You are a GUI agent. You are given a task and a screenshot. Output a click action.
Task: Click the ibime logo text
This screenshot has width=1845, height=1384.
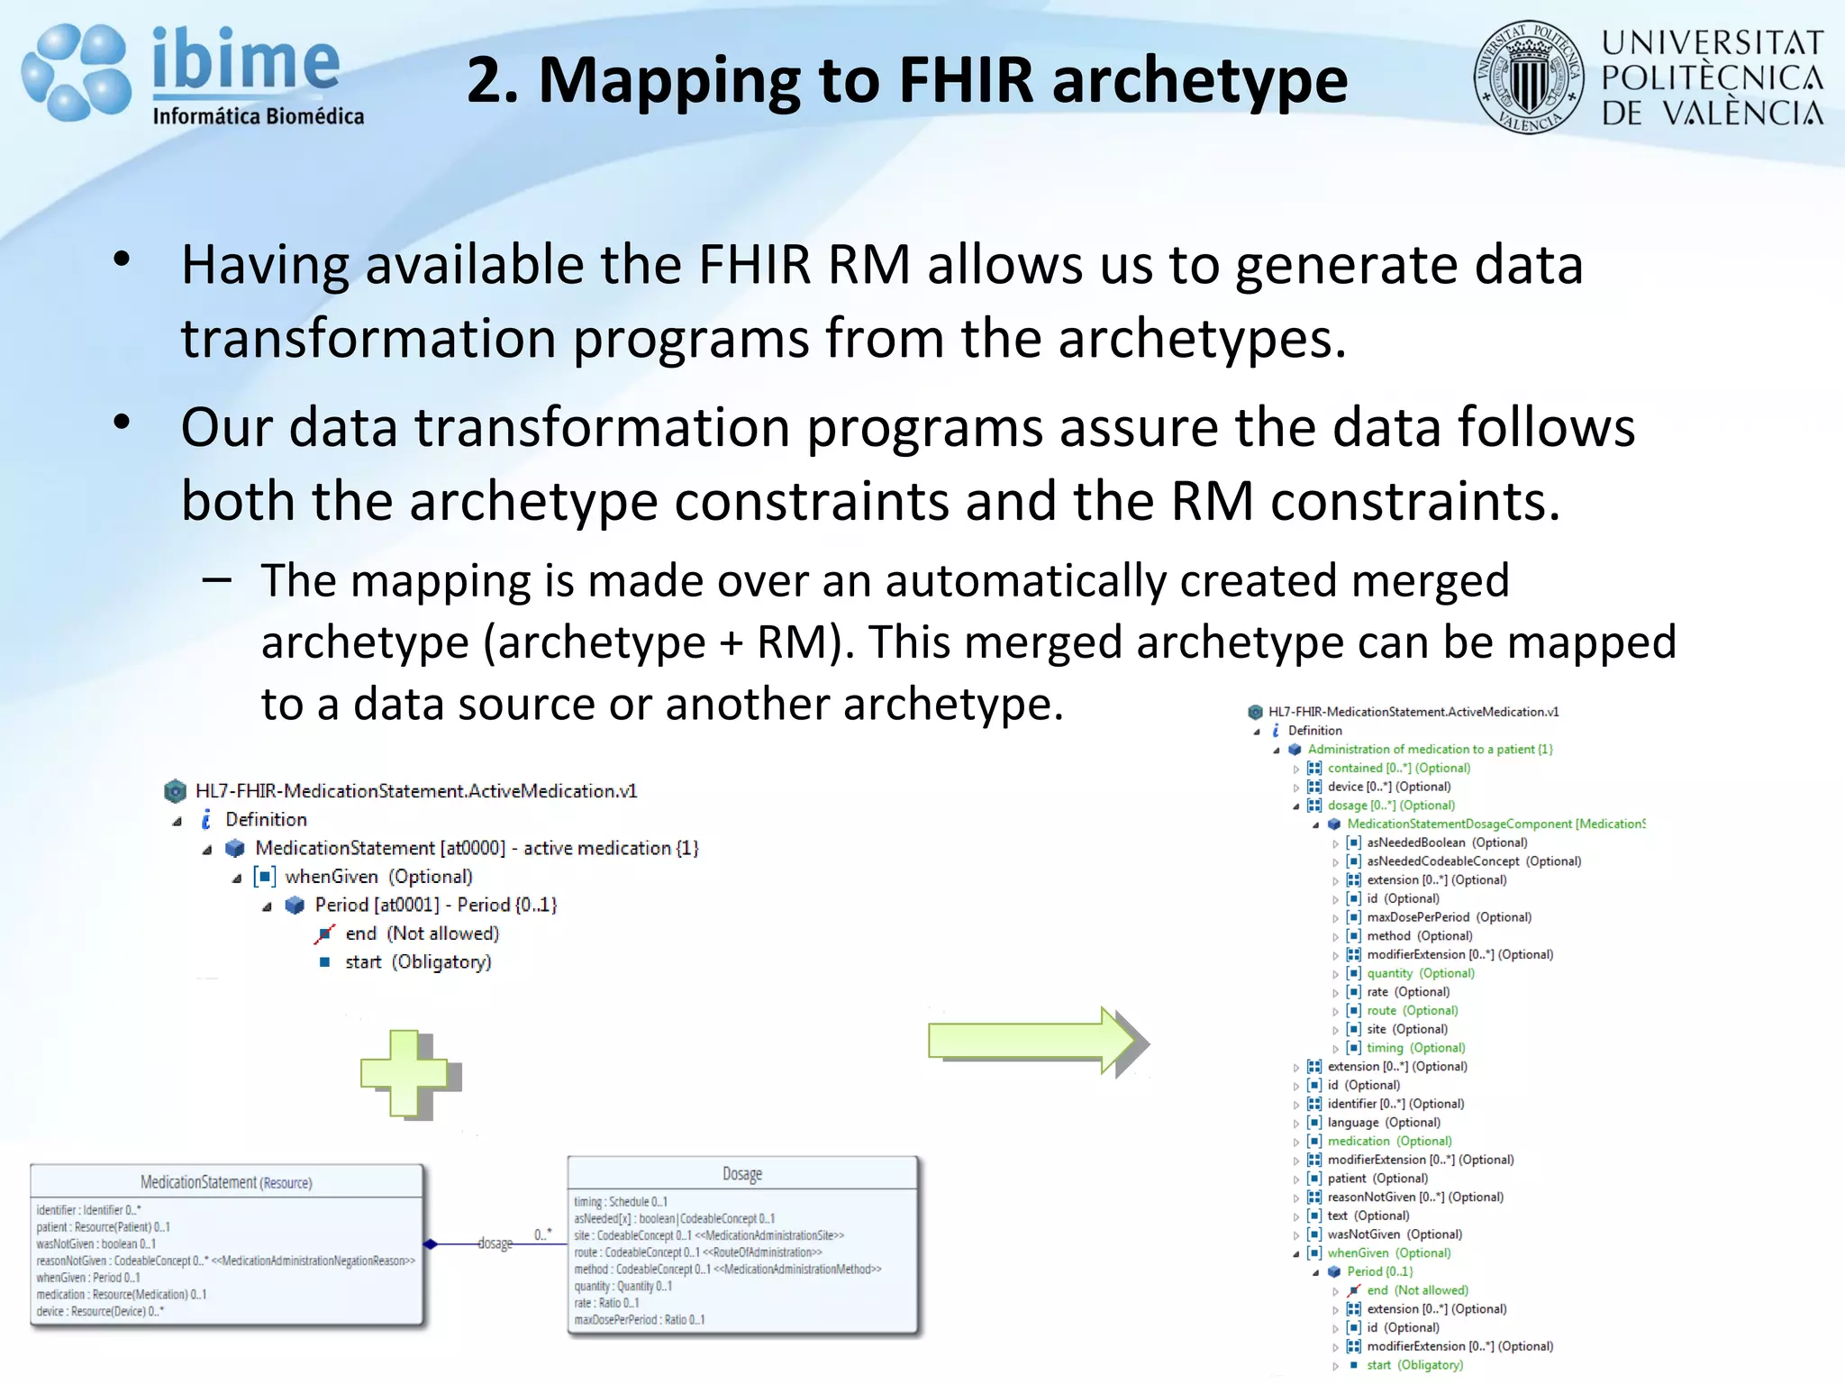pos(245,61)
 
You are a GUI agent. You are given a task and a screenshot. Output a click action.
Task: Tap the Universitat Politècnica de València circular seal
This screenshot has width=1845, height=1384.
pos(1528,77)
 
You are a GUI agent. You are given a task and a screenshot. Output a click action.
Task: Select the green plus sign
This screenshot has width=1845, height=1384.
pos(405,1072)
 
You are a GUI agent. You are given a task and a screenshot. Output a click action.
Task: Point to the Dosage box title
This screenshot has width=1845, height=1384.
pos(742,1173)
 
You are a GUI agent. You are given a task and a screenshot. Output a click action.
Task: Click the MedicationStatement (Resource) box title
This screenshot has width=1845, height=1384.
pos(226,1182)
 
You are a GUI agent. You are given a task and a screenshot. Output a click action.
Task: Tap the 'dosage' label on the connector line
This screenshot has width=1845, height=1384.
pos(495,1243)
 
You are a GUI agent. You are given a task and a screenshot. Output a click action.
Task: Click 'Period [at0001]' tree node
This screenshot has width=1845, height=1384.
pos(435,905)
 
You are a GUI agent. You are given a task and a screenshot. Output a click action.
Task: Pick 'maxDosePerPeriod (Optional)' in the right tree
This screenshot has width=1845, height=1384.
pos(1449,917)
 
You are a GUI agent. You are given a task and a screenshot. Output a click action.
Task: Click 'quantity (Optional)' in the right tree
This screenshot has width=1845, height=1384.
pos(1420,973)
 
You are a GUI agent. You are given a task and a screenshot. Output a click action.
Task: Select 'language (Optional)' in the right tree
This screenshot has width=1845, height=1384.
pos(1384,1123)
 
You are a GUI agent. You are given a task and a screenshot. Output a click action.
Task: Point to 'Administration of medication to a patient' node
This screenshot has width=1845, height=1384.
pos(1430,749)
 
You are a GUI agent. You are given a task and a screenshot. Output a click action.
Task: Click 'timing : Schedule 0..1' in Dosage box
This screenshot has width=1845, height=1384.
pos(621,1202)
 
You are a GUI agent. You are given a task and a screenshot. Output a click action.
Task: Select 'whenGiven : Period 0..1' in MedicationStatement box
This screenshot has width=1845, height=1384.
pos(88,1278)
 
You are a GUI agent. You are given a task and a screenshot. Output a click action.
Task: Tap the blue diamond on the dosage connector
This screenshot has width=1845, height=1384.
pos(431,1244)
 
